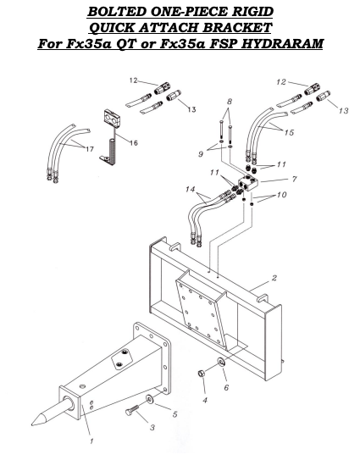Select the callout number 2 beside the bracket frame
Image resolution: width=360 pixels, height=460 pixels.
click(x=274, y=278)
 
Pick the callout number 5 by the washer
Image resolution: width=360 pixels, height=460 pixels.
click(x=175, y=414)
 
